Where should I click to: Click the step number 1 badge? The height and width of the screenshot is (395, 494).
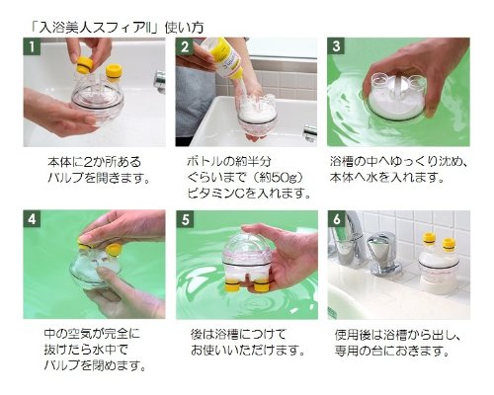[x=32, y=46]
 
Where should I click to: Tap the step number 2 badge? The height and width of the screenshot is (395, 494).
[x=184, y=46]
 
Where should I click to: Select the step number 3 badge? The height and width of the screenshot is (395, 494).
[x=336, y=46]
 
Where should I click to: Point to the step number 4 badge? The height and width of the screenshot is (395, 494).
[x=32, y=218]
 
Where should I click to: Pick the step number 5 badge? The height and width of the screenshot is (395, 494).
[x=185, y=219]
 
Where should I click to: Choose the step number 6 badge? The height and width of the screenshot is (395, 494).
[x=336, y=219]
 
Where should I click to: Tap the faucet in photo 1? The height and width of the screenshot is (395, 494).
[x=160, y=81]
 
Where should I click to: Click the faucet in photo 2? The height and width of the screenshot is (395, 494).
[x=310, y=132]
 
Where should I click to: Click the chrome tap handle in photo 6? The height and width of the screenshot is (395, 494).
[x=383, y=253]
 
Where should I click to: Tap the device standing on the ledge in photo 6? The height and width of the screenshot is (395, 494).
[x=438, y=265]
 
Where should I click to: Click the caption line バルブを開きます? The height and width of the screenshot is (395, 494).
[x=99, y=178]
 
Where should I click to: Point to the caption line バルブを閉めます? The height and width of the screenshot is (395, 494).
[x=95, y=365]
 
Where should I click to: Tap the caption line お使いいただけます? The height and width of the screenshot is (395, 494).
[x=247, y=350]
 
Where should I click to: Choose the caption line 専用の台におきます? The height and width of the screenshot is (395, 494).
[x=392, y=351]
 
